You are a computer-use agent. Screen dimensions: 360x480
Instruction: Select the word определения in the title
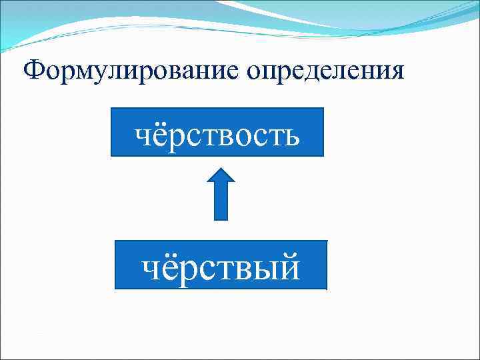[325, 70]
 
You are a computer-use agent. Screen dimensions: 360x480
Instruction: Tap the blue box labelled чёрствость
[217, 132]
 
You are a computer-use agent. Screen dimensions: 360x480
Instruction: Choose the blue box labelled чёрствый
[221, 265]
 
